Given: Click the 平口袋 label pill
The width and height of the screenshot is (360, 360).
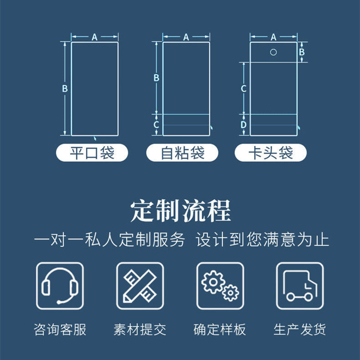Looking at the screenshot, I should [x=92, y=153].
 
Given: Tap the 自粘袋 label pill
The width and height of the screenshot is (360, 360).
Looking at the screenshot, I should [x=182, y=153].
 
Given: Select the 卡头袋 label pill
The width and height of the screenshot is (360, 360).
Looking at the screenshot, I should [x=271, y=153].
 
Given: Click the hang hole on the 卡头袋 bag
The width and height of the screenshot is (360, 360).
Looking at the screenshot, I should [x=274, y=52].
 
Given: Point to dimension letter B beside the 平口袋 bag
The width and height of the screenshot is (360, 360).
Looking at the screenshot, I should [x=65, y=88].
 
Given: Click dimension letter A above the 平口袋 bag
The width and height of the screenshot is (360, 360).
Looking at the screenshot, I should [x=95, y=37].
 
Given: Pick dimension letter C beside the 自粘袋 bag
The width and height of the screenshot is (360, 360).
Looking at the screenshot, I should [x=156, y=125].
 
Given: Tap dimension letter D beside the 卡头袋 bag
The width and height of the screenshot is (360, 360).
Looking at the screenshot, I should [x=244, y=125].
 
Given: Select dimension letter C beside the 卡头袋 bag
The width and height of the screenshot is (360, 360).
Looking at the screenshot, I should [x=244, y=88].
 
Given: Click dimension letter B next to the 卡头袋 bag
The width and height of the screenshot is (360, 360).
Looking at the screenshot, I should [x=302, y=51].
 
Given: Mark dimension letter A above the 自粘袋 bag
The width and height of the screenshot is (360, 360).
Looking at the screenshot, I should [x=186, y=37].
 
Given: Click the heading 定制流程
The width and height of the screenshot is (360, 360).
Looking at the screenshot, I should [x=180, y=212].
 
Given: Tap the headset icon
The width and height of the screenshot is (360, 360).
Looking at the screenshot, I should [x=60, y=286].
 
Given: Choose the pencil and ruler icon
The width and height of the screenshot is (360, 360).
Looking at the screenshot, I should [x=140, y=286].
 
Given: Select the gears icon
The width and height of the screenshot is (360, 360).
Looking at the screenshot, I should [x=220, y=286].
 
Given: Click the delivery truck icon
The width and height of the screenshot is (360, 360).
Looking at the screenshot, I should [x=300, y=286].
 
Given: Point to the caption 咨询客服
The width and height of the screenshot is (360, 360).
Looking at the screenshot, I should [x=60, y=330].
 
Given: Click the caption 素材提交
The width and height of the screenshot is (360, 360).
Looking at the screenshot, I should [x=140, y=330].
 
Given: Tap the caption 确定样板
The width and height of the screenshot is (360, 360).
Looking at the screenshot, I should [x=220, y=330].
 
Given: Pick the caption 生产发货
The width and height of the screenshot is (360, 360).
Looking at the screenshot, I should [x=300, y=330].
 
